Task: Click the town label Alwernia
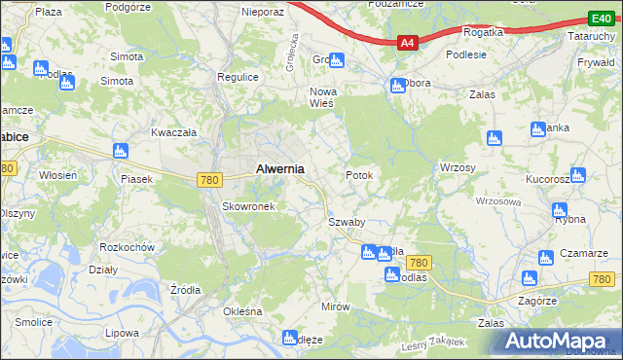click(279, 168)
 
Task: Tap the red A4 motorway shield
click(408, 42)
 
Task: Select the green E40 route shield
click(600, 18)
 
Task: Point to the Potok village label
click(359, 175)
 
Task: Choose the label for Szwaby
click(346, 222)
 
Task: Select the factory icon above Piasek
click(121, 151)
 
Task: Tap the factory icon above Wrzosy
click(494, 138)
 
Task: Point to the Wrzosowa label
click(498, 201)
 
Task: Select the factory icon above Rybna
click(559, 210)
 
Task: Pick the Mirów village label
click(335, 306)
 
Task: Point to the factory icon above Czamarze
click(545, 258)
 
